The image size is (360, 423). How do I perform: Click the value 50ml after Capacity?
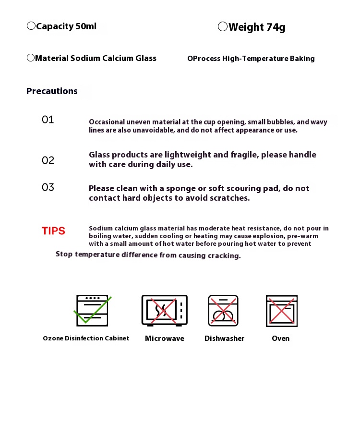(x=86, y=26)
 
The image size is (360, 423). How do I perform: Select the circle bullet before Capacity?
(x=31, y=26)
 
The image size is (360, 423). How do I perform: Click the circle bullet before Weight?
(x=223, y=27)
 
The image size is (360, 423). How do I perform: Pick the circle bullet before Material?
(x=31, y=58)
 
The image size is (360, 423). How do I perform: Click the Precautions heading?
(x=52, y=91)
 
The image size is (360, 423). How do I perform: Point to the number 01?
(x=48, y=120)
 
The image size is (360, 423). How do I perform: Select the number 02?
(x=48, y=160)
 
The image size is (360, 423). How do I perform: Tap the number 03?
(x=48, y=187)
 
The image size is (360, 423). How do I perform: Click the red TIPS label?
(x=53, y=231)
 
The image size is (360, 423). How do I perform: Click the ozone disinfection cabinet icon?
(x=92, y=311)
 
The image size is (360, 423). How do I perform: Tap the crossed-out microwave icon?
(x=164, y=310)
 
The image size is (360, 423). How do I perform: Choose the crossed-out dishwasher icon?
(x=223, y=311)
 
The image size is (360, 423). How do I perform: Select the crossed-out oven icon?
(x=282, y=311)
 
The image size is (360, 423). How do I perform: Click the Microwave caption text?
(x=164, y=338)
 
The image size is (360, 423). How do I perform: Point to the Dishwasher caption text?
(x=224, y=338)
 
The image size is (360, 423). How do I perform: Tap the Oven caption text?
(x=281, y=338)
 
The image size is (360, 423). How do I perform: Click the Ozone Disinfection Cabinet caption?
(x=86, y=338)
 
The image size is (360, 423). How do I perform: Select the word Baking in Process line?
(x=302, y=59)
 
